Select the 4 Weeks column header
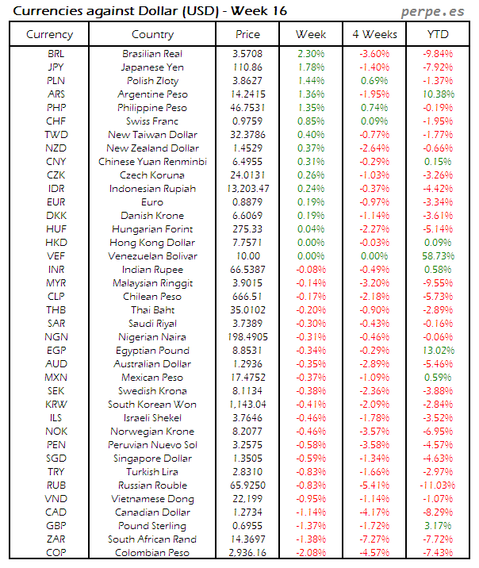coord(374,34)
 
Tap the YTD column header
coord(438,34)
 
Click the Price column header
coord(247,34)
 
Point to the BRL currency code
coord(56,53)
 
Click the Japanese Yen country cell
coord(152,67)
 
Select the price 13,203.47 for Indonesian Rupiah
coord(247,188)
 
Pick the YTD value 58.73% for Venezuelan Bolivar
coord(438,256)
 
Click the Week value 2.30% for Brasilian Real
coord(311,53)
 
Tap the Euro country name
coord(152,202)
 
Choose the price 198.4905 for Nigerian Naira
coord(247,337)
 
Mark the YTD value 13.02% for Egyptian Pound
coord(438,351)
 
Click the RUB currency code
coord(56,485)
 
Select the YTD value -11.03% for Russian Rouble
coord(438,485)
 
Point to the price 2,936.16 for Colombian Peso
coord(247,553)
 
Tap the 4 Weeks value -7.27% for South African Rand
coord(374,539)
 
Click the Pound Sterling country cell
coord(152,526)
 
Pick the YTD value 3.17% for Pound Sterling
coord(438,526)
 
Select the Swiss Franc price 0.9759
coord(247,121)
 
